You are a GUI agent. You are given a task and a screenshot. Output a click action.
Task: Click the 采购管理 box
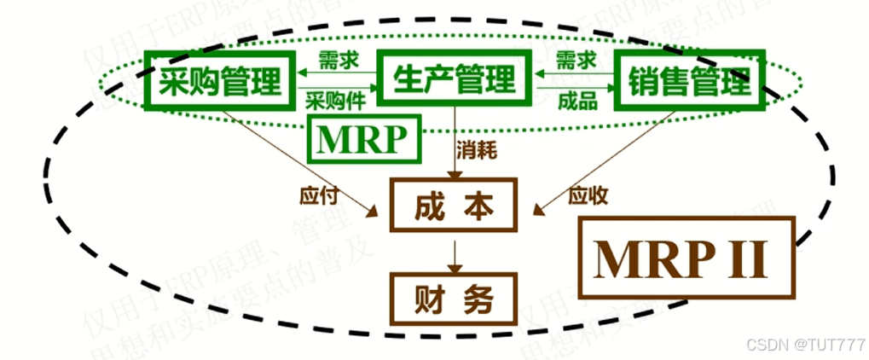[x=220, y=83]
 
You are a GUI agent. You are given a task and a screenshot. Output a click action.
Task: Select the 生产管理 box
[x=455, y=81]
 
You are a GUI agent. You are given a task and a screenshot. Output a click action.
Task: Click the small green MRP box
[x=364, y=140]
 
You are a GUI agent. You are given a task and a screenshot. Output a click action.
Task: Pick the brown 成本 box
[x=455, y=206]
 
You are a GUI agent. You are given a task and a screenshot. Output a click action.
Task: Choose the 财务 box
[x=455, y=298]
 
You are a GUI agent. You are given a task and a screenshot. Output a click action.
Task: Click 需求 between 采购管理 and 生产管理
[x=336, y=61]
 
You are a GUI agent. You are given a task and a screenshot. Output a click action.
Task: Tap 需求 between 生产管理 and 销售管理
[x=576, y=61]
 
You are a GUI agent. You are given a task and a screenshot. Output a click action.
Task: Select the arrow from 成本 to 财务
[x=455, y=253]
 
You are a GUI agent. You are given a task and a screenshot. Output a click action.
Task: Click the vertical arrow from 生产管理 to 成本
[x=455, y=145]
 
